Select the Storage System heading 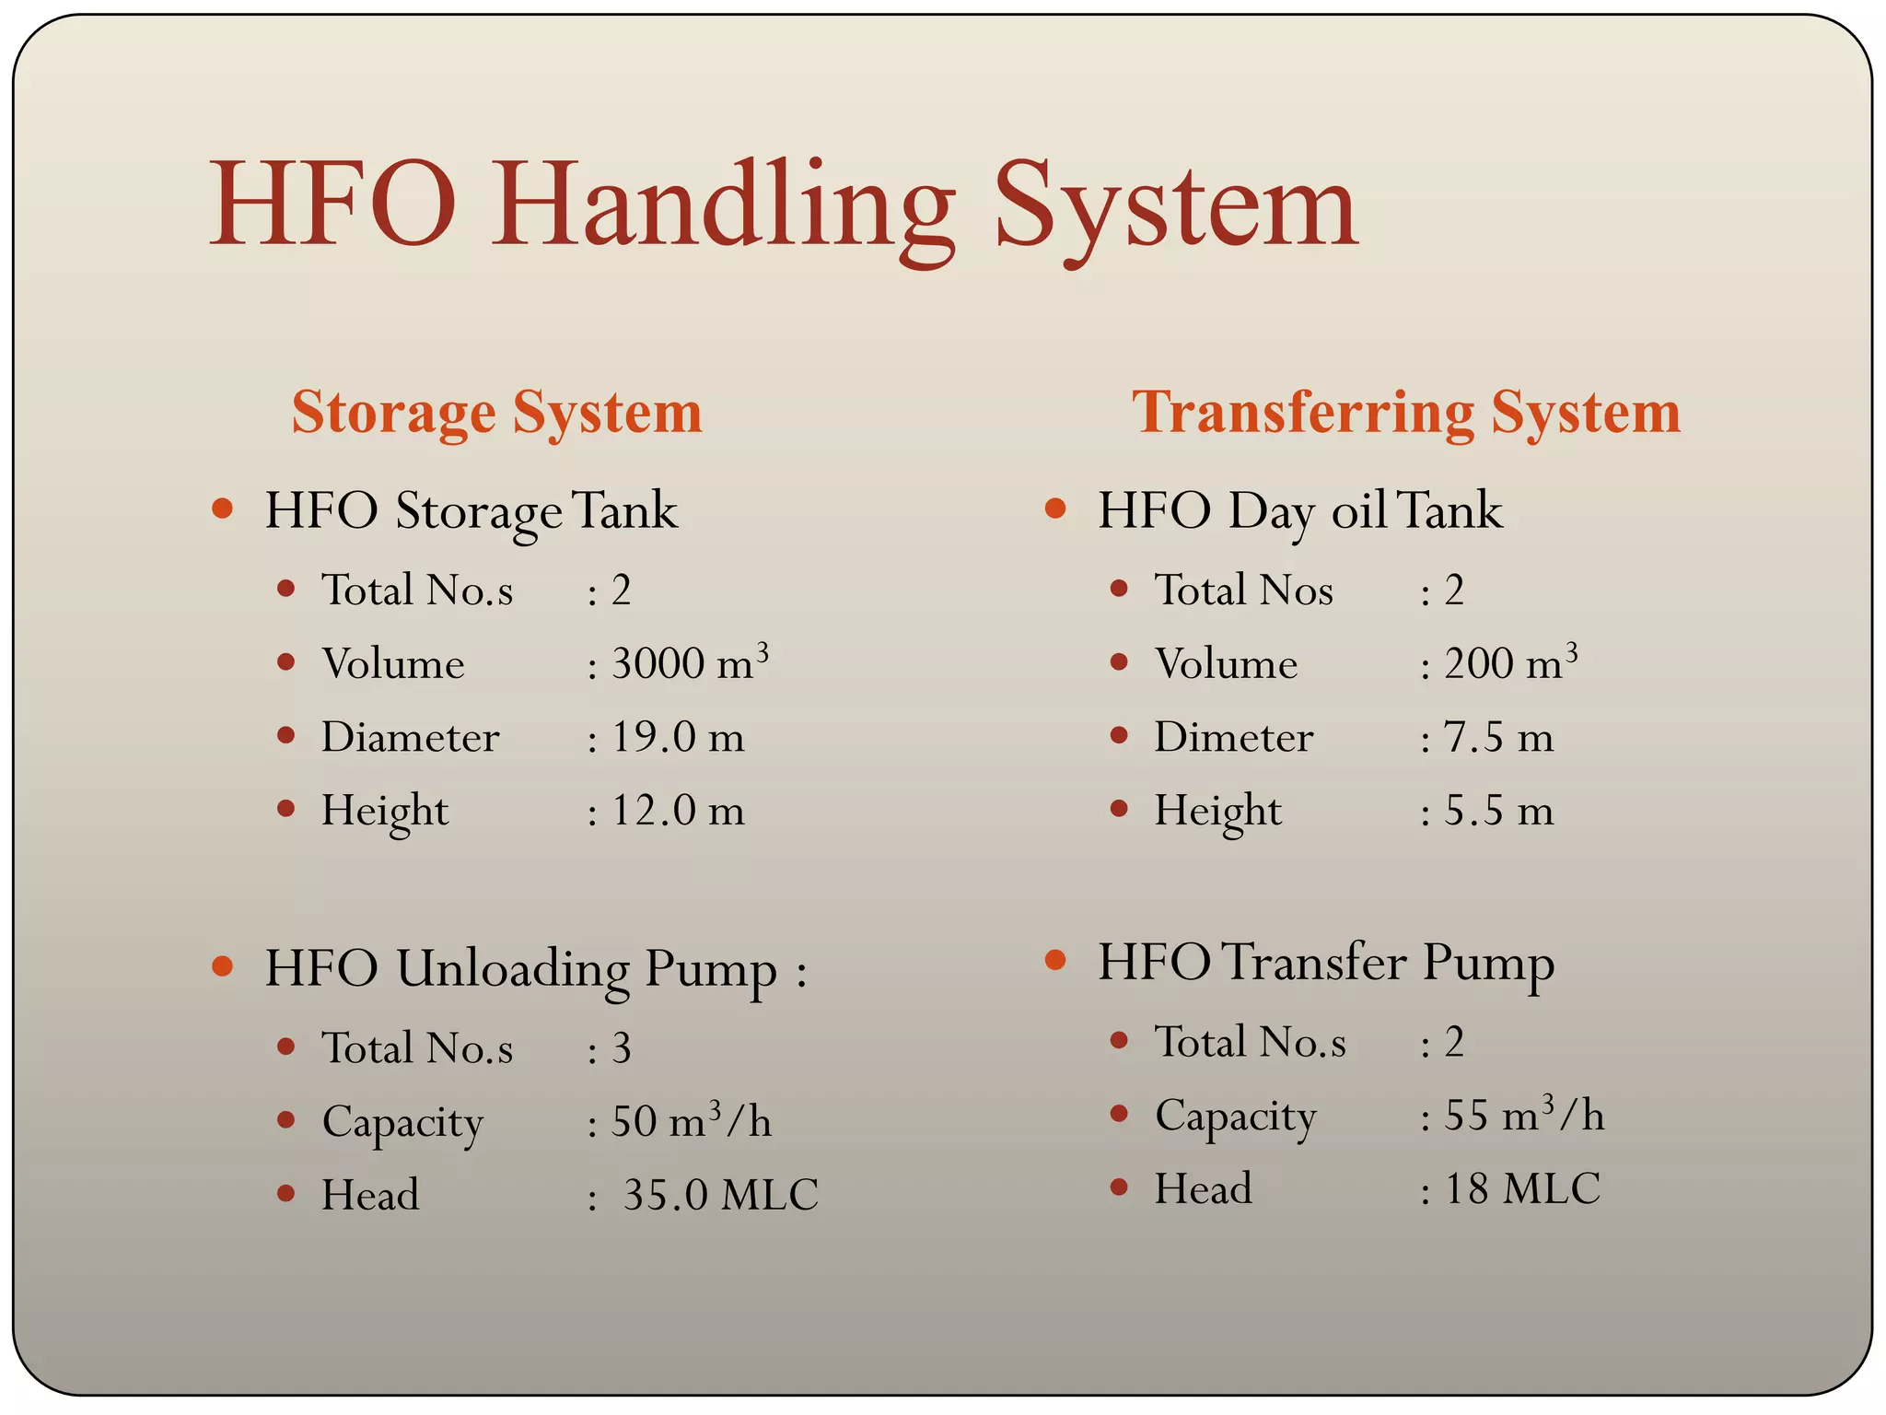(x=497, y=412)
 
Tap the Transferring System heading (x=1406, y=412)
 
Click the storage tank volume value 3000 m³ (x=690, y=663)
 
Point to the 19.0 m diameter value (x=678, y=737)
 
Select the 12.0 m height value (x=678, y=811)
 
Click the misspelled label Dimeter (x=1234, y=737)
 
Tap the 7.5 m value (x=1498, y=737)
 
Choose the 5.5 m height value (x=1498, y=811)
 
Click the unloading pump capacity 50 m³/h (x=691, y=1121)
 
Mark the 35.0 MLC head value (x=720, y=1195)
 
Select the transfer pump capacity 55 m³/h (x=1524, y=1115)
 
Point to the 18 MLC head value (x=1522, y=1188)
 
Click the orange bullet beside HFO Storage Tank (x=222, y=509)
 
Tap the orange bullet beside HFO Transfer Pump (x=1055, y=961)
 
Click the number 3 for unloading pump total (x=622, y=1048)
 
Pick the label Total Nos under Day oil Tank (x=1244, y=590)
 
